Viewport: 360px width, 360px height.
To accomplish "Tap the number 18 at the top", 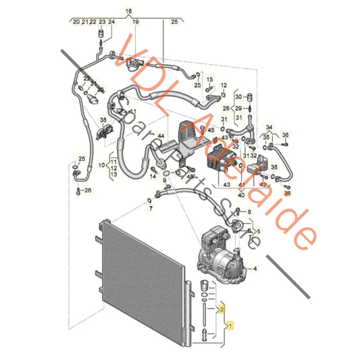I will [x=130, y=11].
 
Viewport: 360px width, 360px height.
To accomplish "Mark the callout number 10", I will [x=101, y=165].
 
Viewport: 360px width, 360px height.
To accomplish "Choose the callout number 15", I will [x=209, y=80].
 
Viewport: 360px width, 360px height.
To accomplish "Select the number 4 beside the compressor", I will [x=255, y=269].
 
